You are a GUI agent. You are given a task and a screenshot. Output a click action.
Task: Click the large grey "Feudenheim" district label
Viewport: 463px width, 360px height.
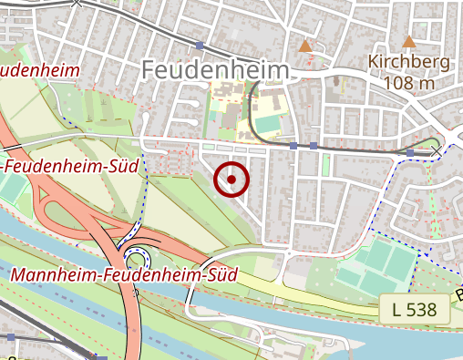[x=215, y=69]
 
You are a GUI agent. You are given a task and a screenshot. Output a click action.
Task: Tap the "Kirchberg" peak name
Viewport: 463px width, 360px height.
[x=408, y=62]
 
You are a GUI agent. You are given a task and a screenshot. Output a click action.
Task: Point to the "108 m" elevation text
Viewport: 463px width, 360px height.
[x=408, y=84]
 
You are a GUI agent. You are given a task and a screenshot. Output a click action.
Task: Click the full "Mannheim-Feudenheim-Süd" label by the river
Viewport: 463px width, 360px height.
[x=124, y=273]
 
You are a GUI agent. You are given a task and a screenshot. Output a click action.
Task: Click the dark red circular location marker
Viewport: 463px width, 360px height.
[x=232, y=180]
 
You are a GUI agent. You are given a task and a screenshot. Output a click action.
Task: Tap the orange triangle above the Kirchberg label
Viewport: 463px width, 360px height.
[x=409, y=41]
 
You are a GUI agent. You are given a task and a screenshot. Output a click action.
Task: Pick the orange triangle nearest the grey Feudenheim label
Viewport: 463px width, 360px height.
[x=305, y=45]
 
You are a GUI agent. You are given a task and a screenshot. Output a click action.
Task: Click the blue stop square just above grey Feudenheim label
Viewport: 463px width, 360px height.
[x=200, y=45]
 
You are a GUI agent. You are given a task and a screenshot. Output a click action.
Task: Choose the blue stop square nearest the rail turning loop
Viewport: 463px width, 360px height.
[x=410, y=152]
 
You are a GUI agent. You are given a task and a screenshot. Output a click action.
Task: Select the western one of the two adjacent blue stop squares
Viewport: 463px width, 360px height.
[x=293, y=145]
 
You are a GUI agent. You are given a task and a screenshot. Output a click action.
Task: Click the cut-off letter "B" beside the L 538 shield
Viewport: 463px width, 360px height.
[x=458, y=294]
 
